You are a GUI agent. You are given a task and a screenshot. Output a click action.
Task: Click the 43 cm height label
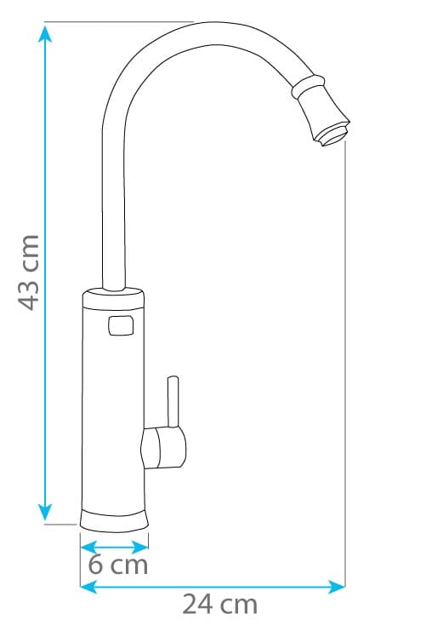pos(29,273)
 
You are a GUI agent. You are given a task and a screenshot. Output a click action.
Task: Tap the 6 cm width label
pos(118,565)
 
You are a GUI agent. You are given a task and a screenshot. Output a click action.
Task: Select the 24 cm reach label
pos(220,605)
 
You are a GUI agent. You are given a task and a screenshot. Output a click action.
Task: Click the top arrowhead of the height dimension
pos(45,33)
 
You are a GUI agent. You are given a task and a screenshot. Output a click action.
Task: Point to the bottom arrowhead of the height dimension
pos(45,512)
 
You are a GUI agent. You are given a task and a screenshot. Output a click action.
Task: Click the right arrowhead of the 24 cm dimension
pos(337,587)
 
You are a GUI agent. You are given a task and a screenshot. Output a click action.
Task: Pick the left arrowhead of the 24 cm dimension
pos(89,587)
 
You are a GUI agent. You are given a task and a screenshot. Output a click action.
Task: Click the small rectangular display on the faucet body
pos(121,326)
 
